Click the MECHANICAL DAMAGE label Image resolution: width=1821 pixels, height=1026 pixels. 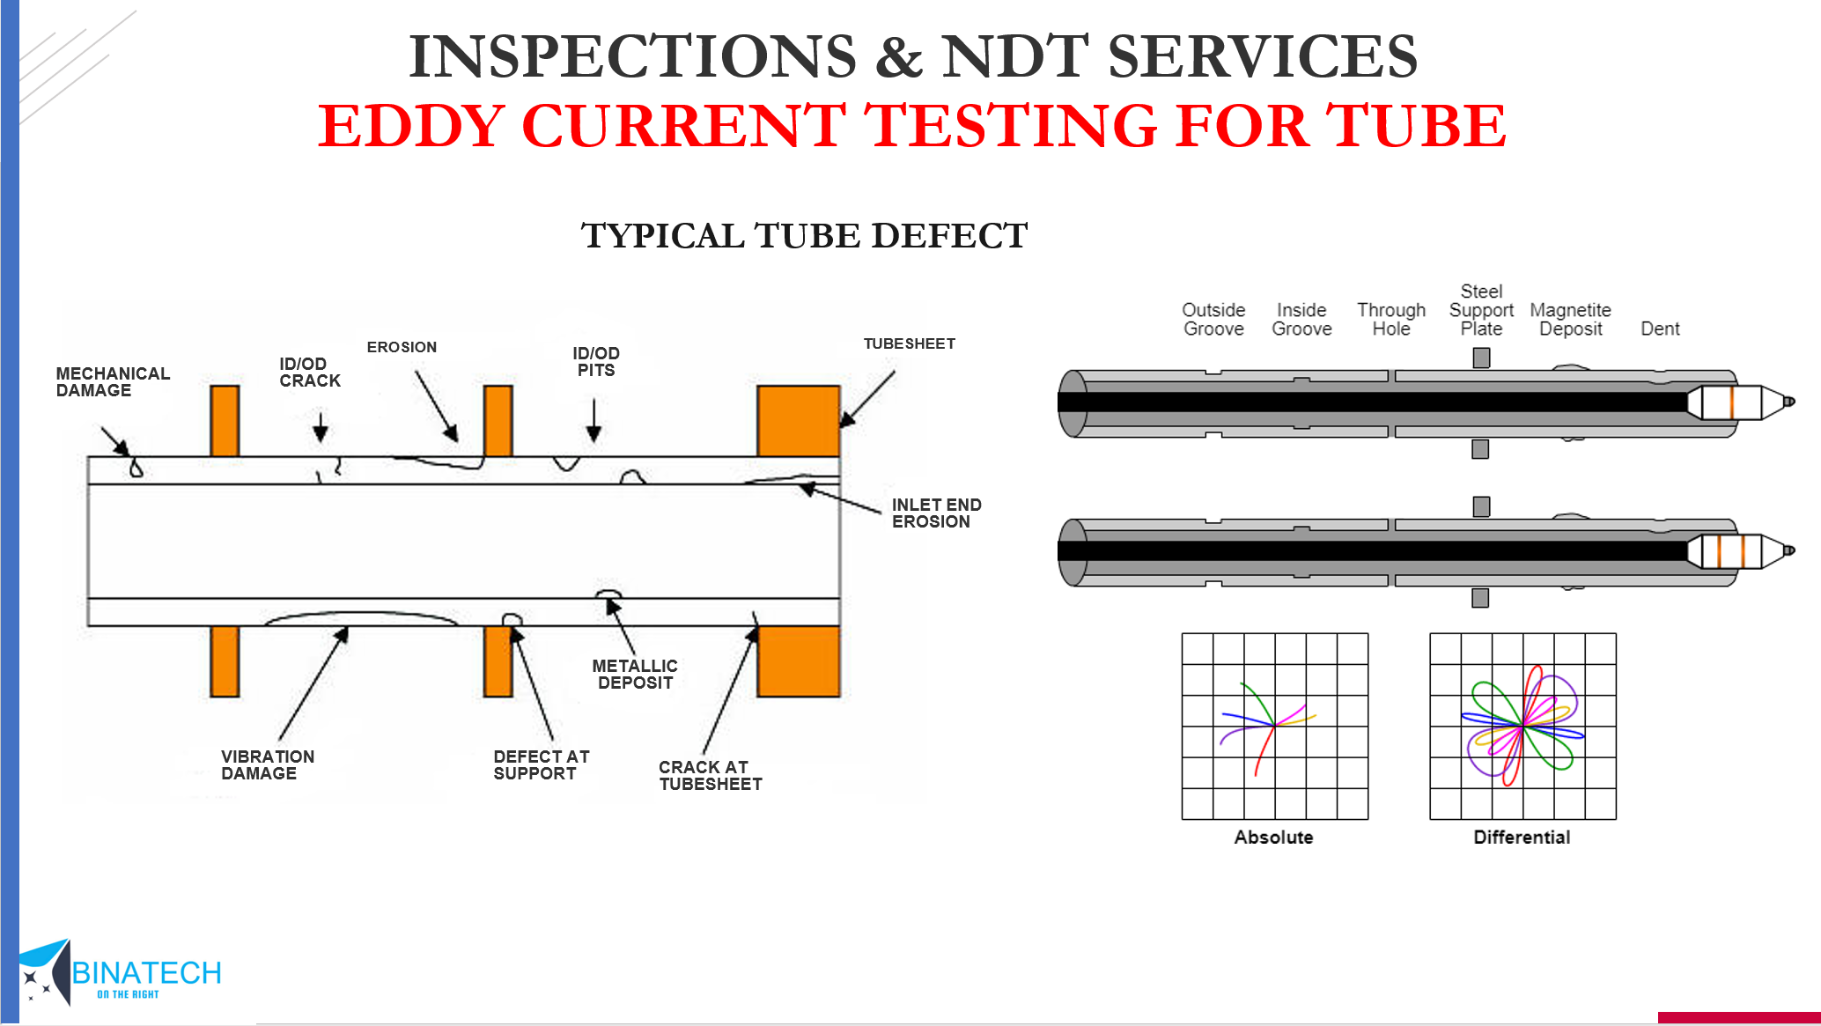(113, 382)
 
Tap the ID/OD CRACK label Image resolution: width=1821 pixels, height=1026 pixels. (309, 373)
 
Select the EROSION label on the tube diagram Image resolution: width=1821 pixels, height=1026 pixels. (402, 347)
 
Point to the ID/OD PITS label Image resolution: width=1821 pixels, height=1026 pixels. (596, 362)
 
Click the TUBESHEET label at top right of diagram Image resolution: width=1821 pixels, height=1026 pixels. (909, 343)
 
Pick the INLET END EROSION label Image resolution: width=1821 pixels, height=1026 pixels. (935, 513)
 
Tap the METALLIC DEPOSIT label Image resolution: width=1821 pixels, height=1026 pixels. (635, 675)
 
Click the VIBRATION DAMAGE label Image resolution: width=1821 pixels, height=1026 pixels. (267, 765)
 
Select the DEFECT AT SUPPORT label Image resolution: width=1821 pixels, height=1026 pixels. (541, 765)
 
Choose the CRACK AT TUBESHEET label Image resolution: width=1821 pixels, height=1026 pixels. (710, 776)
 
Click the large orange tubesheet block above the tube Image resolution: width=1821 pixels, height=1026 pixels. (798, 420)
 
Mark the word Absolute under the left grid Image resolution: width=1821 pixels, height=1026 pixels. (1273, 838)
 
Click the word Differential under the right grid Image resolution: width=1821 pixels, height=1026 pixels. (1522, 838)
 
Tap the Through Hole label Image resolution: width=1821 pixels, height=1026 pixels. (1390, 320)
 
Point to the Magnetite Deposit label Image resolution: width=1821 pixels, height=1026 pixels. (1570, 320)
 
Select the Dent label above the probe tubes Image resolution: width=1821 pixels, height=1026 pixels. (1660, 329)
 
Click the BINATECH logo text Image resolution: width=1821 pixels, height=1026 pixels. (146, 973)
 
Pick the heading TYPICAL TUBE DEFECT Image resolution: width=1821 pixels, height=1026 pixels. (804, 236)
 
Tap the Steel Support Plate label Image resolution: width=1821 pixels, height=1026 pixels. (1481, 310)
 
